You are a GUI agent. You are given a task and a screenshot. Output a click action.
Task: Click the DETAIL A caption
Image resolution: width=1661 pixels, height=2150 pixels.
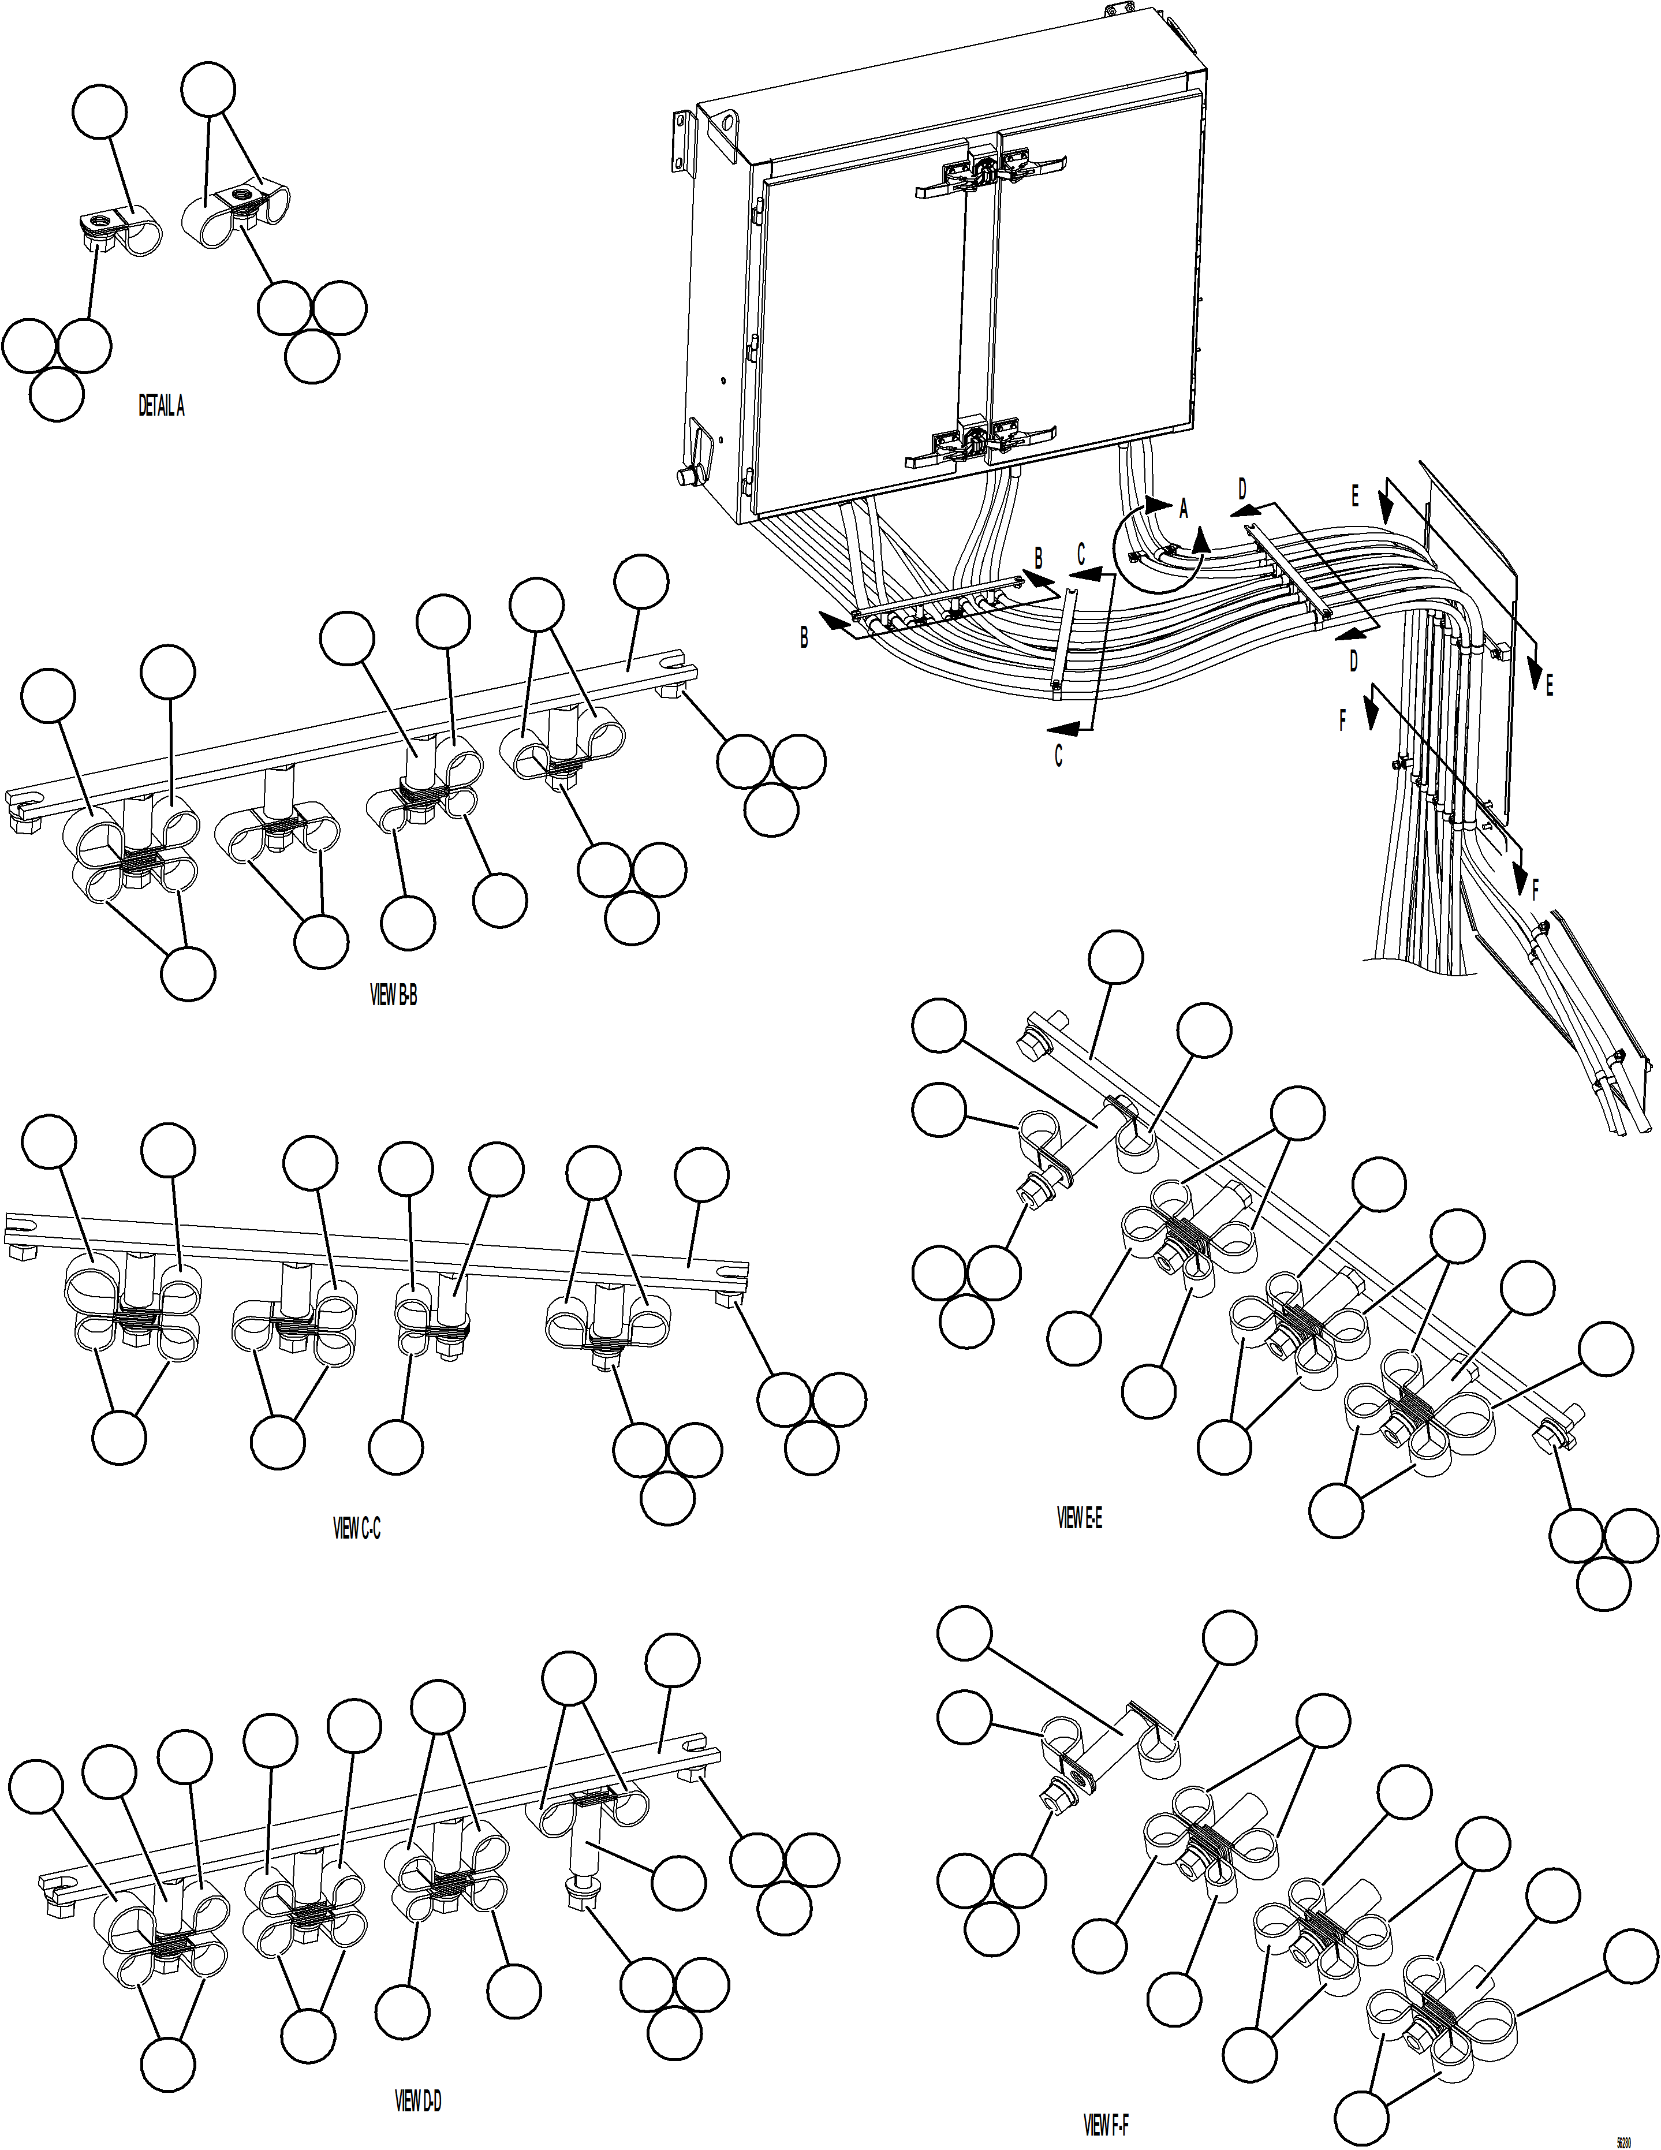(160, 406)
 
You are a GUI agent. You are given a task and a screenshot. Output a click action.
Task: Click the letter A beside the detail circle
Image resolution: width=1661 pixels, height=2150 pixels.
(1184, 509)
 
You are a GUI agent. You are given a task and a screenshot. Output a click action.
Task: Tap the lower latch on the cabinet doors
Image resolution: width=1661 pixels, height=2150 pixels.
(977, 443)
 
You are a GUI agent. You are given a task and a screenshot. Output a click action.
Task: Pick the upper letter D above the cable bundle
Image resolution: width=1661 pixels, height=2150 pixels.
(1242, 489)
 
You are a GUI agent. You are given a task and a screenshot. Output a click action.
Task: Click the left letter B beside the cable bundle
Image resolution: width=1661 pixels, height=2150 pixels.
(804, 638)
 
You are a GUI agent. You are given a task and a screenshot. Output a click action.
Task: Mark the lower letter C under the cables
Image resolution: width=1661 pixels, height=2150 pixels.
(1058, 756)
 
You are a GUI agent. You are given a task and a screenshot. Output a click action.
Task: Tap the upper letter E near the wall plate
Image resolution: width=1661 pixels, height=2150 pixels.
(1355, 497)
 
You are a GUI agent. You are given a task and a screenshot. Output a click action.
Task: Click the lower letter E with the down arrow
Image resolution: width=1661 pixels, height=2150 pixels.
(1549, 686)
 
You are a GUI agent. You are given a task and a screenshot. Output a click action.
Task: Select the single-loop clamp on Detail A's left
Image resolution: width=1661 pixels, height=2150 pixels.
(138, 232)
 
